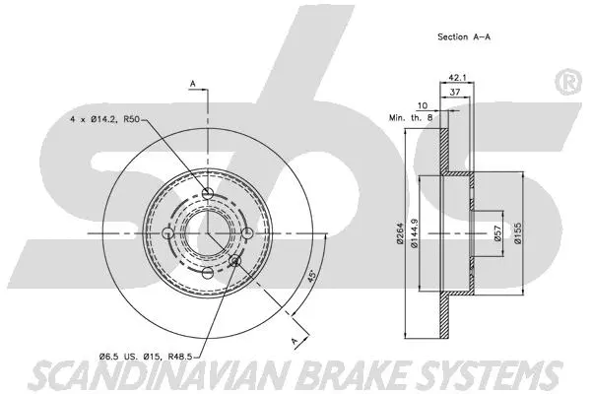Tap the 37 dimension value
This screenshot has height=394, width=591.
click(455, 91)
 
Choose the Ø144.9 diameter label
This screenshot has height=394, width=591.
click(414, 233)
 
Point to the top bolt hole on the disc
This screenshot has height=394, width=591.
click(207, 192)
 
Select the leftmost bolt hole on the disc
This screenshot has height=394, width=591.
click(167, 233)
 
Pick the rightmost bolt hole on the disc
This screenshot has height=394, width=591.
click(247, 233)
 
